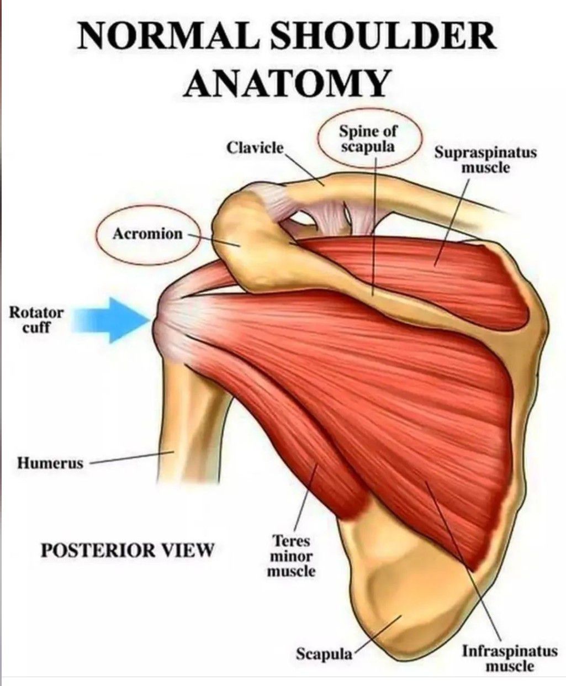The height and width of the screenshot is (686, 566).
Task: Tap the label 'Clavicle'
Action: tap(255, 148)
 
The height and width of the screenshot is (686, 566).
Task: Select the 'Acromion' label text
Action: tap(147, 234)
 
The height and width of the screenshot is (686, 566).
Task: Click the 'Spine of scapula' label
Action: tap(368, 139)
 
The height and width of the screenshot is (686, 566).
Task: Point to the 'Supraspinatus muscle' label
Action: tap(486, 160)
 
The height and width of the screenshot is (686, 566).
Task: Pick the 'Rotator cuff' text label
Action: tap(36, 320)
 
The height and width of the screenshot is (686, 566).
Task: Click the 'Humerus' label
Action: tap(50, 463)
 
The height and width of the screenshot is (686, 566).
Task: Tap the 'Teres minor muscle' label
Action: tap(291, 556)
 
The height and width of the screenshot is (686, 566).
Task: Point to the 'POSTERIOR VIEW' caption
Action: tap(127, 550)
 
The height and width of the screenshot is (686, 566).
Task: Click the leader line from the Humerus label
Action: tap(132, 457)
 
